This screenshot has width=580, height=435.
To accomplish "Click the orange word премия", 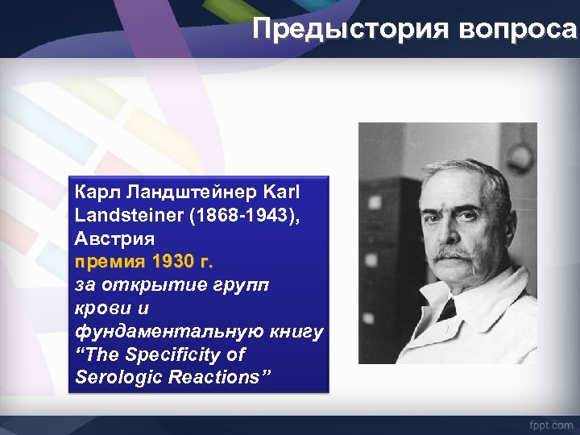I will [105, 263].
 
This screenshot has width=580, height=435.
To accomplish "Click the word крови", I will [100, 309].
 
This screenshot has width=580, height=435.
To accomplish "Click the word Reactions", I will [216, 378].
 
